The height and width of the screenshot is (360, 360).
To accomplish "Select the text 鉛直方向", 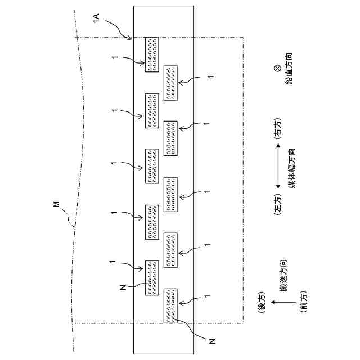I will pos(288,69).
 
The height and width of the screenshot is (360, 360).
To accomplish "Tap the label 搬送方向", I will pos(284,276).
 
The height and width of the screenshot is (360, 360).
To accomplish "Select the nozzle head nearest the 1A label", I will pos(151,55).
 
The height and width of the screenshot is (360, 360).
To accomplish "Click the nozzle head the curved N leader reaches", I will pos(170,305).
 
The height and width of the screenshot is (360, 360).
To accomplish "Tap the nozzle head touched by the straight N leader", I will pos(151,277).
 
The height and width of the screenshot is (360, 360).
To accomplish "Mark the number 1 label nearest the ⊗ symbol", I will pos(211,76).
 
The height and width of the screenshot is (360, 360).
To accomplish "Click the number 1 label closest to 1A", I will pos(114,57).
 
